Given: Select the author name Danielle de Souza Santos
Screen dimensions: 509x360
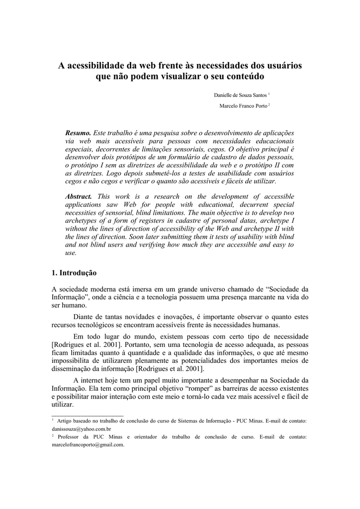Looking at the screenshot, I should (240, 94).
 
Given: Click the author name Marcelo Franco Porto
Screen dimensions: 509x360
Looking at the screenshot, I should (243, 106).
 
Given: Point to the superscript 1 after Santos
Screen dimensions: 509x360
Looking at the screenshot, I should (269, 93).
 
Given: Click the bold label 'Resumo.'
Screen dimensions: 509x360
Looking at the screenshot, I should (79, 133).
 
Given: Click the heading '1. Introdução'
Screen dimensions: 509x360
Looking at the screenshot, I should (74, 273).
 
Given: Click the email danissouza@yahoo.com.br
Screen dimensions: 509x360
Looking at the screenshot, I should (82, 428).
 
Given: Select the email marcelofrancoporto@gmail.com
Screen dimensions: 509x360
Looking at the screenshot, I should (88, 445).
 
